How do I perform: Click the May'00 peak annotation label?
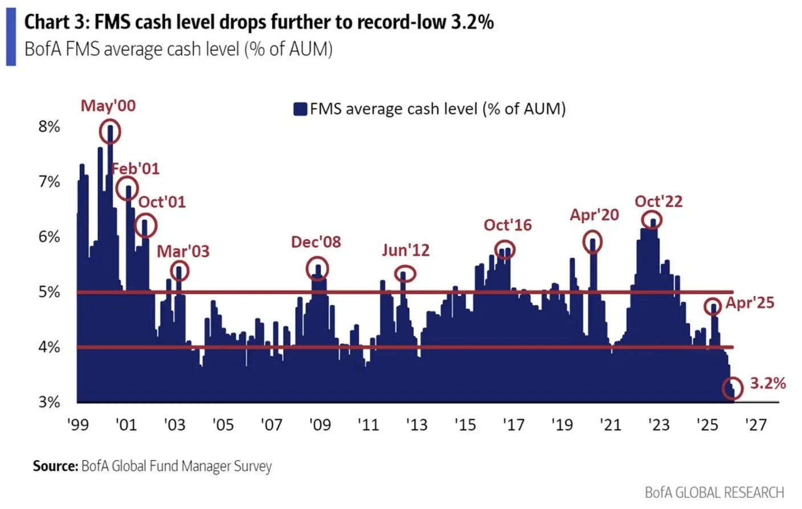pyautogui.click(x=108, y=106)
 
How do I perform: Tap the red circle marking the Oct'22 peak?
pyautogui.click(x=652, y=220)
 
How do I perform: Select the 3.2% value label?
pyautogui.click(x=767, y=383)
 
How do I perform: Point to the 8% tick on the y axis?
pyautogui.click(x=49, y=126)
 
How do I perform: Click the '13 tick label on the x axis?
pyautogui.click(x=416, y=425)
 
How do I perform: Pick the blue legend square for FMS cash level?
pyautogui.click(x=300, y=109)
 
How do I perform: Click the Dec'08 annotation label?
pyautogui.click(x=316, y=242)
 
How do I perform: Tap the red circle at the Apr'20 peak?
pyautogui.click(x=592, y=241)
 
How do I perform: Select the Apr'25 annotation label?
pyautogui.click(x=750, y=302)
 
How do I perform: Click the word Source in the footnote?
pyautogui.click(x=55, y=466)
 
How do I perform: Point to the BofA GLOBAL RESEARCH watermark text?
pyautogui.click(x=714, y=492)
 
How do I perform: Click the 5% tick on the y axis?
pyautogui.click(x=49, y=292)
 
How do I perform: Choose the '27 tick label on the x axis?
pyautogui.click(x=755, y=425)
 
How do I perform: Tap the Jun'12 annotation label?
pyautogui.click(x=406, y=250)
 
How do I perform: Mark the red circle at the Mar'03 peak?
pyautogui.click(x=179, y=272)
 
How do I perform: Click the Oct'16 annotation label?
pyautogui.click(x=508, y=225)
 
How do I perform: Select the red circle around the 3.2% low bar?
pyautogui.click(x=733, y=388)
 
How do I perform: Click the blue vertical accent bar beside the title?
pyautogui.click(x=11, y=37)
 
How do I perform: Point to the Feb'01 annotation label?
pyautogui.click(x=136, y=169)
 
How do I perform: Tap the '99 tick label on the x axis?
pyautogui.click(x=77, y=425)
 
